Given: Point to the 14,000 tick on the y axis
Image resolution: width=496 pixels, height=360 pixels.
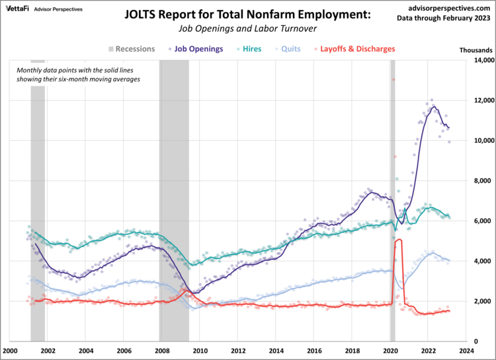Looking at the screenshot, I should click(x=481, y=60).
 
